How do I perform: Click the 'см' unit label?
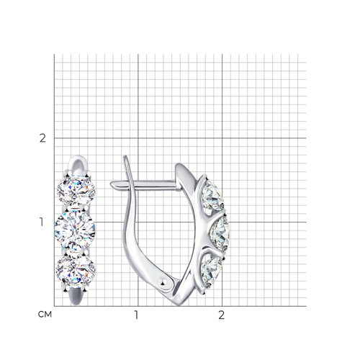coord(45,315)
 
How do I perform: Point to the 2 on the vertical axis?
coord(42,138)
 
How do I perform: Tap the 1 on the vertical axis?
coord(42,222)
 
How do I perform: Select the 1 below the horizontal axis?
coord(137,315)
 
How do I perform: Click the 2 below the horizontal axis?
coord(221,315)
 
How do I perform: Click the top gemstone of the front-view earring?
coord(76,190)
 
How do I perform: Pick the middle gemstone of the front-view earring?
coord(75,230)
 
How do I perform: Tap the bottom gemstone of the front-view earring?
coord(76,270)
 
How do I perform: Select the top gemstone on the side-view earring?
coord(212,197)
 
